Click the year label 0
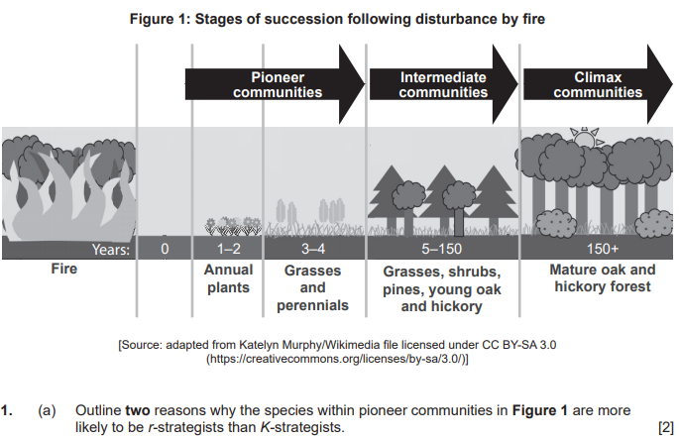click(166, 249)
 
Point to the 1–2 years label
click(228, 249)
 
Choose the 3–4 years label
click(312, 249)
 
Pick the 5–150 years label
click(442, 249)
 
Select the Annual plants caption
click(228, 278)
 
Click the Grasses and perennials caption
click(312, 287)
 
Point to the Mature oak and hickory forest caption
click(602, 278)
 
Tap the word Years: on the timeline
click(110, 249)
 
